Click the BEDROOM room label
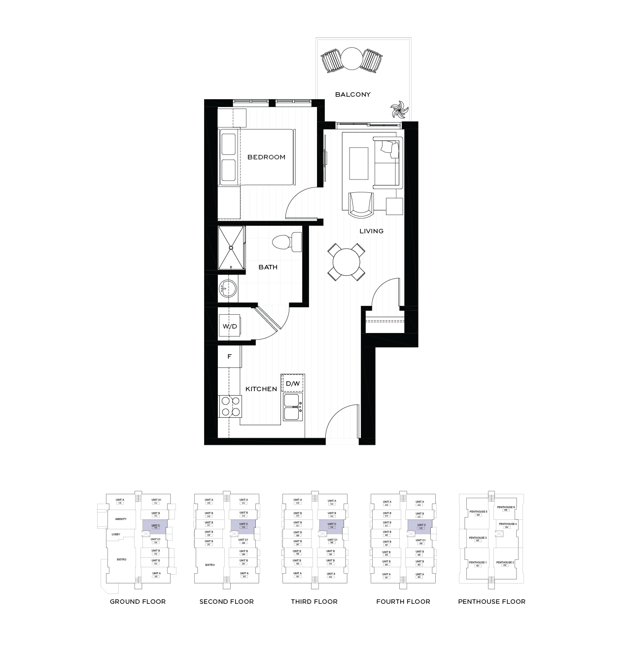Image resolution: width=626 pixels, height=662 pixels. [x=266, y=157]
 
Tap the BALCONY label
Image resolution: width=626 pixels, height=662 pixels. [x=353, y=94]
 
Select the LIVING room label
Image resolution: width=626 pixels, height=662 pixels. [x=371, y=231]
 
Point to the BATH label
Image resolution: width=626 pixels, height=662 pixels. [x=268, y=267]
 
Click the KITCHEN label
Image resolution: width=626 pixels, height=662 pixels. [x=261, y=389]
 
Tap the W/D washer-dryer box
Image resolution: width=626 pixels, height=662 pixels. [x=230, y=326]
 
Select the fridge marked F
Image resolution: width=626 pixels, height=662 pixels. [x=230, y=356]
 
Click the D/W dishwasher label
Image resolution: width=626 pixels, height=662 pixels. [x=293, y=383]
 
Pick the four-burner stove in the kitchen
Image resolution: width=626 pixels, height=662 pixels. [x=230, y=406]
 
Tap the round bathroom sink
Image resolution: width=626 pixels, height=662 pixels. [x=228, y=289]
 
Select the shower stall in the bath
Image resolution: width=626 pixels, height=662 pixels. [x=231, y=248]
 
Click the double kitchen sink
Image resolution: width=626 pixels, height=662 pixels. [x=293, y=407]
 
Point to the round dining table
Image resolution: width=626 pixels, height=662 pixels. [x=346, y=262]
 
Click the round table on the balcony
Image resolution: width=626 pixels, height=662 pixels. [x=352, y=59]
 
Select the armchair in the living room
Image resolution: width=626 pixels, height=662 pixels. [x=361, y=204]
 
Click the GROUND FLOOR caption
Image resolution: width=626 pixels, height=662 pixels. [x=138, y=601]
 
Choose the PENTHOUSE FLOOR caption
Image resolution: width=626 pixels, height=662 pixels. [x=491, y=601]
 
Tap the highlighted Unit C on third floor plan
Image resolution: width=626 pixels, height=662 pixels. [x=331, y=525]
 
